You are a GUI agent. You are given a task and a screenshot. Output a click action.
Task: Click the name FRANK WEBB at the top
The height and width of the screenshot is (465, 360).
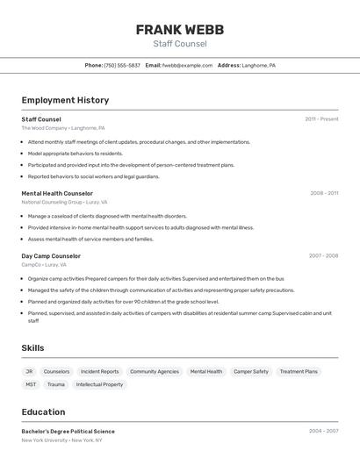pyautogui.click(x=179, y=29)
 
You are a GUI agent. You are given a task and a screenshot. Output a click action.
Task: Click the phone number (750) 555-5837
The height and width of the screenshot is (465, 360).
pyautogui.click(x=122, y=65)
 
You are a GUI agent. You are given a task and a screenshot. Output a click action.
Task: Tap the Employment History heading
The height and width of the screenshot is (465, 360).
pyautogui.click(x=65, y=100)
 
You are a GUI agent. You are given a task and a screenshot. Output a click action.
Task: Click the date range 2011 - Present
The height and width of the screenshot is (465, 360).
pyautogui.click(x=321, y=118)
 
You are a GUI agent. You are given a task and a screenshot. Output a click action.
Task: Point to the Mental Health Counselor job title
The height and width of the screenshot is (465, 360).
pyautogui.click(x=57, y=193)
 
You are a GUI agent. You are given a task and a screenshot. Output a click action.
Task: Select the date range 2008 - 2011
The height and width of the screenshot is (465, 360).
pyautogui.click(x=324, y=193)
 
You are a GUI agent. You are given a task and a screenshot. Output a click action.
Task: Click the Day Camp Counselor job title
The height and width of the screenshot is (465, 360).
pyautogui.click(x=51, y=256)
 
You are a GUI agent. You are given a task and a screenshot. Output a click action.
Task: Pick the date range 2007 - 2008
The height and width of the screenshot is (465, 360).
pyautogui.click(x=323, y=256)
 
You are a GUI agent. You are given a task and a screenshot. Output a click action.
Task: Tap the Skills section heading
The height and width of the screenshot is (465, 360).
pyautogui.click(x=32, y=348)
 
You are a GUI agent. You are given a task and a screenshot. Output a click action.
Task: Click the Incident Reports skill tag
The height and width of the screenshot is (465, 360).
pyautogui.click(x=99, y=371)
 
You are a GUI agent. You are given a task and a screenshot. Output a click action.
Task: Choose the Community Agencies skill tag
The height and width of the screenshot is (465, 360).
pyautogui.click(x=154, y=371)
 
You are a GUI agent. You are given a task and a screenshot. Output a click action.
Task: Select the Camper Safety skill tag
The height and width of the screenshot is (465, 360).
pyautogui.click(x=250, y=371)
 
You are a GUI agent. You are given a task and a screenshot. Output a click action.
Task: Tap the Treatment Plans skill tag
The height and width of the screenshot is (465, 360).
pyautogui.click(x=299, y=371)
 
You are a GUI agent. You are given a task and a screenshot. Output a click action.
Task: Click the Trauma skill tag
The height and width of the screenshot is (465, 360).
pyautogui.click(x=56, y=384)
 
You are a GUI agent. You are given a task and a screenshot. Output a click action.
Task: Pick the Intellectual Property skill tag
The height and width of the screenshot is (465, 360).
pyautogui.click(x=99, y=384)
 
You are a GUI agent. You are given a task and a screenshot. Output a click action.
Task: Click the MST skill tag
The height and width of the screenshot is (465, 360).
pyautogui.click(x=31, y=384)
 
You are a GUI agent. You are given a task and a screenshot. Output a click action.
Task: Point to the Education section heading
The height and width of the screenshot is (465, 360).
pyautogui.click(x=43, y=412)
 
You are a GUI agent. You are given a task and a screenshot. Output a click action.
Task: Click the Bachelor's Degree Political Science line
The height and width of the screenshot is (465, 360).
pyautogui.click(x=68, y=431)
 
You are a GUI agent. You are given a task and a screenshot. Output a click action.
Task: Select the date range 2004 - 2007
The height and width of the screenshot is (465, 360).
pyautogui.click(x=323, y=431)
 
